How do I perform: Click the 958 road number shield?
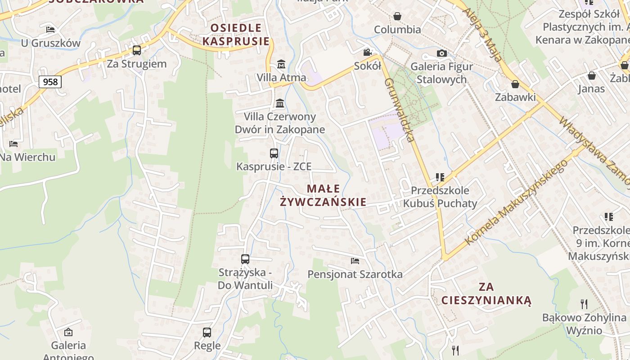tap(50, 82)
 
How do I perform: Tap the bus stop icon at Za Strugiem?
tap(137, 50)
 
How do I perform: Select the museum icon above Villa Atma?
tap(281, 64)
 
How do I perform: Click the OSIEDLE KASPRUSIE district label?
tap(236, 35)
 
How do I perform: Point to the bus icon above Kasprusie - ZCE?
tap(274, 153)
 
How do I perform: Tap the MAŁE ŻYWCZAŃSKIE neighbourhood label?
tap(323, 195)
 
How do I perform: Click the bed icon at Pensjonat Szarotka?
tap(355, 261)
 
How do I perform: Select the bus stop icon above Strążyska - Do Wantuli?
tap(245, 259)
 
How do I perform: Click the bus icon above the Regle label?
tap(207, 333)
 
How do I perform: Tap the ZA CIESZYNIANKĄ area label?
tap(486, 293)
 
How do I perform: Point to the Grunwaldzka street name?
tap(400, 110)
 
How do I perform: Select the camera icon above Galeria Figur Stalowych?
tap(442, 54)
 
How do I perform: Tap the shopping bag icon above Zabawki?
tap(515, 84)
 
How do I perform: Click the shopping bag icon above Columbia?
tap(397, 17)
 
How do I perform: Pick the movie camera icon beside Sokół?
tap(368, 52)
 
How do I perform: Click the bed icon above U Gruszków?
tap(50, 30)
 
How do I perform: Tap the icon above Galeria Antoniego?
tap(68, 333)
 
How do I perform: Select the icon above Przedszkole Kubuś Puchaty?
tap(440, 177)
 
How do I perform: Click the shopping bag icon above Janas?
tap(591, 76)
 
